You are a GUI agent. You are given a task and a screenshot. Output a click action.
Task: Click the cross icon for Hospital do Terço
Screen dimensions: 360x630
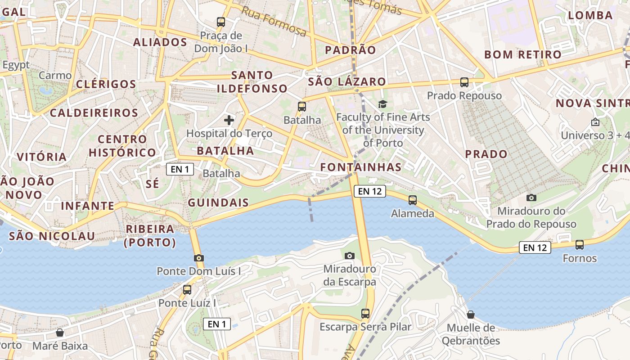tap(229, 120)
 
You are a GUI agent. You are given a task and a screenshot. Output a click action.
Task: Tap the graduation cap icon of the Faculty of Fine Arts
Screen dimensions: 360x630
tap(382, 104)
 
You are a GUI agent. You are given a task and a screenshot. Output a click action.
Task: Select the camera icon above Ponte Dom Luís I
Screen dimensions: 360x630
tap(198, 258)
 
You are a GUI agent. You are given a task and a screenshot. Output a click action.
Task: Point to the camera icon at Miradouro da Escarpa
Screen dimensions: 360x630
tap(349, 256)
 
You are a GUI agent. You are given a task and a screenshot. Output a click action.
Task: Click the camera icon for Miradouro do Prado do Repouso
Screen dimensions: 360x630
tap(531, 198)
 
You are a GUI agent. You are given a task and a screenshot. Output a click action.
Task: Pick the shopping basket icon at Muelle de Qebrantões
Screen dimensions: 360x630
tap(471, 315)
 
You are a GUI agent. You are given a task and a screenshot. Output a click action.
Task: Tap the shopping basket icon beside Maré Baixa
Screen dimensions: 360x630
tap(59, 333)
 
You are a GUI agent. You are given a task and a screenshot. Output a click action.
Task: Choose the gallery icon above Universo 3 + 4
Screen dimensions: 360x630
tap(595, 122)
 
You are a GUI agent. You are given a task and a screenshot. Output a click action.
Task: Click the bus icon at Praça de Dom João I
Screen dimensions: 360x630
tap(220, 22)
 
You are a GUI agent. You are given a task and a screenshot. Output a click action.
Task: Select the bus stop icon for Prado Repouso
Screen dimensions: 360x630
tap(464, 82)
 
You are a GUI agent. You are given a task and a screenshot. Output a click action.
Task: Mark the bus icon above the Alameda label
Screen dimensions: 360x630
tap(412, 200)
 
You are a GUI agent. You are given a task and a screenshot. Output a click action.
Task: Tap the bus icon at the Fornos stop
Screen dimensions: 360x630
tap(580, 245)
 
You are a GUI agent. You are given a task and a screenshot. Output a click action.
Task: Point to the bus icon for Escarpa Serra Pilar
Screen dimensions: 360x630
tap(365, 313)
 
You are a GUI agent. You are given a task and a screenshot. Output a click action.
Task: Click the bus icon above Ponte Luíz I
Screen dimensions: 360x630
tap(187, 290)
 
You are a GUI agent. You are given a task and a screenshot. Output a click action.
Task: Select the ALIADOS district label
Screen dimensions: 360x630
tap(160, 42)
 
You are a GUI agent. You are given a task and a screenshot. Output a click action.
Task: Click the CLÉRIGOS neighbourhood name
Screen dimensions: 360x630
tap(106, 84)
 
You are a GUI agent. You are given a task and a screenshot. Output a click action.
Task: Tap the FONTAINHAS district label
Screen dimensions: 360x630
tap(361, 167)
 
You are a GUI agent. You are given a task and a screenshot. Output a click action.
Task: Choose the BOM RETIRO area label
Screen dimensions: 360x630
tap(523, 55)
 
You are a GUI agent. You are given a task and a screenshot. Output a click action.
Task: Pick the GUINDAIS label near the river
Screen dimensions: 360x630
tap(218, 202)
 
